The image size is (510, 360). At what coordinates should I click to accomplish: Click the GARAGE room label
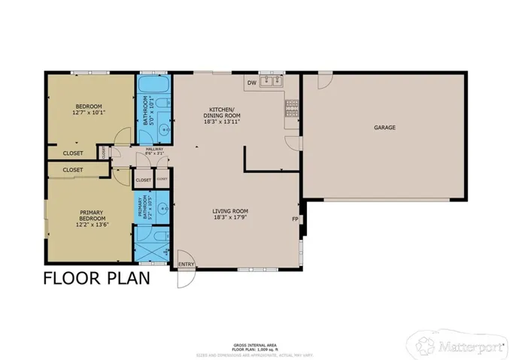click(384, 127)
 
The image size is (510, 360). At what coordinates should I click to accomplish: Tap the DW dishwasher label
click(252, 83)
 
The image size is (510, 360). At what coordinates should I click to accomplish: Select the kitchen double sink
click(271, 81)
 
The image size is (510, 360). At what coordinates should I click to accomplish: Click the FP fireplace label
click(295, 219)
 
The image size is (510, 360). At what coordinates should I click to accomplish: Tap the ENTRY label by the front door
click(185, 264)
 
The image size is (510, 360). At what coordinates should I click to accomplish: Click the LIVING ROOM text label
click(230, 211)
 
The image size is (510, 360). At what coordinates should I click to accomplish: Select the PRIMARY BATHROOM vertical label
click(143, 207)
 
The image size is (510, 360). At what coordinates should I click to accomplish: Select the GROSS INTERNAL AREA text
click(256, 341)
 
